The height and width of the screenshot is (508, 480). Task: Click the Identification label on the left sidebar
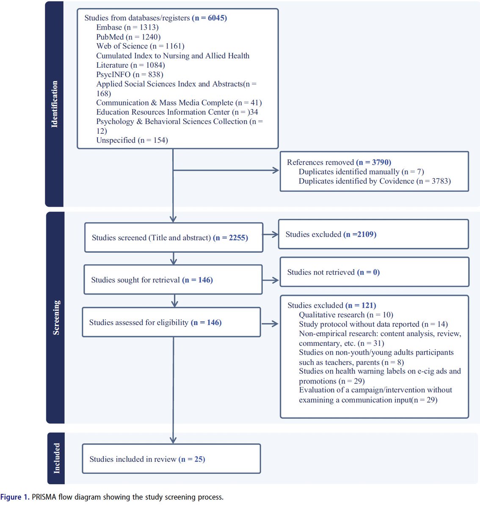54,104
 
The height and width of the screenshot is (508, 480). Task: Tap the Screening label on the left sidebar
56,317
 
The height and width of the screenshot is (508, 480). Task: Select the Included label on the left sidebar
56,458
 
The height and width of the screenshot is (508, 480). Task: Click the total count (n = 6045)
209,18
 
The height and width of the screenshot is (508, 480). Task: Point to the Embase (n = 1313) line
127,28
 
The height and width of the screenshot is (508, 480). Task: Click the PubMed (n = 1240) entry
128,37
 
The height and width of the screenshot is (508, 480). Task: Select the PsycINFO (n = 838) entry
130,75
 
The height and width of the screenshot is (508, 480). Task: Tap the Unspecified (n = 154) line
132,140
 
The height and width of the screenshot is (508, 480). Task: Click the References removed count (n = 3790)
373,162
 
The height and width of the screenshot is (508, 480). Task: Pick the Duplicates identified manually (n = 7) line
361,171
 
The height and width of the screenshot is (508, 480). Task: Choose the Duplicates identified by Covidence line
375,181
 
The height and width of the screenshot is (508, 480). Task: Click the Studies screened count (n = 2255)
230,238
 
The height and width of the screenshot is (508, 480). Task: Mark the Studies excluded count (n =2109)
359,235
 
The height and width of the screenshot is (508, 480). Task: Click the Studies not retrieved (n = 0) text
333,272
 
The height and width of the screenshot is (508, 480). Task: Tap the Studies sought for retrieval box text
152,280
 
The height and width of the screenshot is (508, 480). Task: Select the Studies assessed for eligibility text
155,323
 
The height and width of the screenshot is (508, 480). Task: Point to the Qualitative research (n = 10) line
346,315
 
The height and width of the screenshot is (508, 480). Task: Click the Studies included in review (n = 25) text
147,459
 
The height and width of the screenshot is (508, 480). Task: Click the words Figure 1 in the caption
14,497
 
